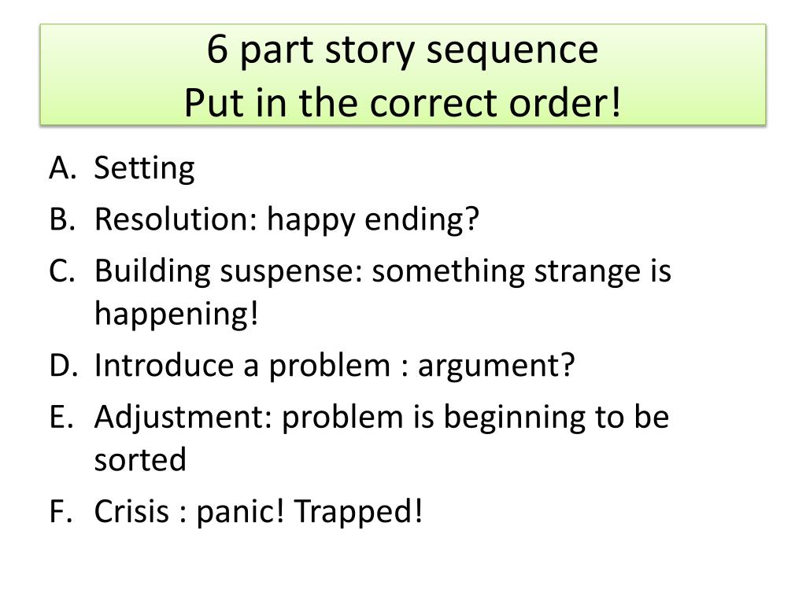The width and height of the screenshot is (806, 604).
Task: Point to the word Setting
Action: point(144,169)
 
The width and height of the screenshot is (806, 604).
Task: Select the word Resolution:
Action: point(175,219)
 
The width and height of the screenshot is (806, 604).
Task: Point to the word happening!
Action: point(176,315)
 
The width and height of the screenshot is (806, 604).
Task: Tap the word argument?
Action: point(497,366)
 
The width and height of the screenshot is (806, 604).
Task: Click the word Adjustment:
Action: point(183,418)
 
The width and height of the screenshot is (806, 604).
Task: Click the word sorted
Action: point(140,460)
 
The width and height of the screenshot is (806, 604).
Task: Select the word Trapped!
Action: point(358,514)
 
